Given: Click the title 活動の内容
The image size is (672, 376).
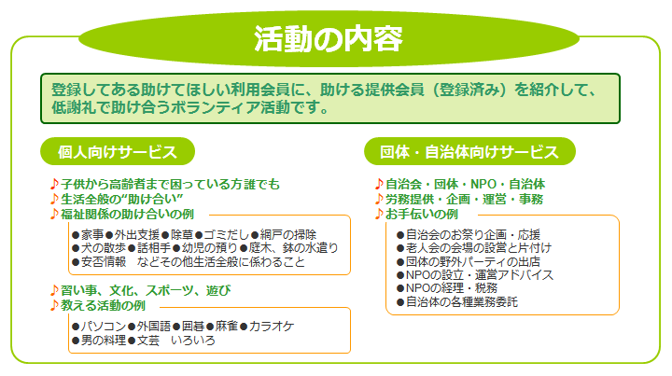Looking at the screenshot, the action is click(x=329, y=39).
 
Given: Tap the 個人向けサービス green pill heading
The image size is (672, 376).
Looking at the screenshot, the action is click(x=118, y=151).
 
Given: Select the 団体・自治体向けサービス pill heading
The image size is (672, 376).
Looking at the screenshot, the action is click(x=469, y=151).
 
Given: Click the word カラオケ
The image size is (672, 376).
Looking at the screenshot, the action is click(x=272, y=327).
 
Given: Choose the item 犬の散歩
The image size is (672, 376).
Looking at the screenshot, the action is click(x=104, y=248).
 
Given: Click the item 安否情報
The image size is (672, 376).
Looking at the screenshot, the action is click(x=104, y=261).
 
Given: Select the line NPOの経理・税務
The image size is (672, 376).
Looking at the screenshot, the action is click(x=452, y=287).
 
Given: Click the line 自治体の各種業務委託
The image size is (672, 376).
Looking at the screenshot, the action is click(x=462, y=302).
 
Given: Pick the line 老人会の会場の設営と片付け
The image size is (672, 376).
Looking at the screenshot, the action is click(x=479, y=248).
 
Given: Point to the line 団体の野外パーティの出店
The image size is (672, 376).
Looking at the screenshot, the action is click(x=472, y=261).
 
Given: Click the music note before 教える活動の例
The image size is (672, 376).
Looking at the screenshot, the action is click(x=54, y=305).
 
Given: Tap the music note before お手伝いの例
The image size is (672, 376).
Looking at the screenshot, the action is click(x=379, y=214).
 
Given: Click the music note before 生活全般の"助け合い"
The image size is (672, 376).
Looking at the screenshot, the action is click(x=54, y=199).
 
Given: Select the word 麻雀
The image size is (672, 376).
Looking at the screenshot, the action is click(x=226, y=327).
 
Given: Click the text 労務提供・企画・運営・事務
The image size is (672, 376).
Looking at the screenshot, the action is click(x=464, y=199).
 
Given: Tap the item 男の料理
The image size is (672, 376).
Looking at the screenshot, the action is click(x=104, y=341).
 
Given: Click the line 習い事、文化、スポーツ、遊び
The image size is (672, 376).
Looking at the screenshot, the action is click(x=146, y=290).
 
